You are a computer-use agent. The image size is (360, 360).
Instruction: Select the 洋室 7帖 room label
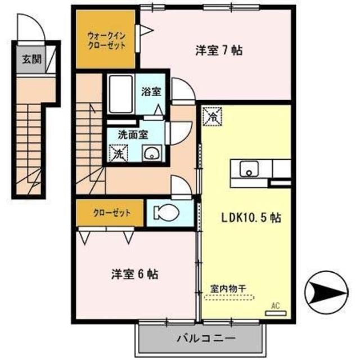(x=219, y=51)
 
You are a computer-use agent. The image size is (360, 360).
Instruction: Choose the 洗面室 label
(x=132, y=134)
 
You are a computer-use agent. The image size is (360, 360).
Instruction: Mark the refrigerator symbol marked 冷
(x=213, y=117)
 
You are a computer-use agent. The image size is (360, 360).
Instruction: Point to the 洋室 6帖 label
(x=134, y=274)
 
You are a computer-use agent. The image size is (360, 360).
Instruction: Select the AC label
(x=276, y=305)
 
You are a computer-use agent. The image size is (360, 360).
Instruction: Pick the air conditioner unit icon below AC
(x=275, y=312)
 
